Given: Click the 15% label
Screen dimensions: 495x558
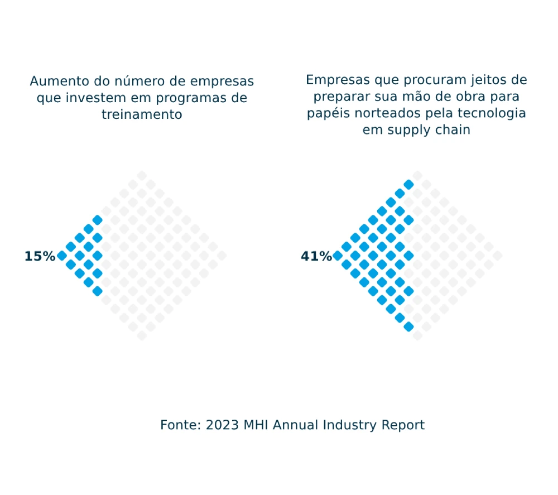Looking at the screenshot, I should pyautogui.click(x=40, y=256).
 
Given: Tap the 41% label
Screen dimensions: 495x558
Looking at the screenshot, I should pyautogui.click(x=316, y=256).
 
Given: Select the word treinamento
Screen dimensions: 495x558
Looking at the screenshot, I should pyautogui.click(x=142, y=114).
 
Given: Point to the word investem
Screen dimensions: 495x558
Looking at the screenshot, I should pyautogui.click(x=91, y=98).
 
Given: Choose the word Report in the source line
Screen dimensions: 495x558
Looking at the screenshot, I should pyautogui.click(x=403, y=425).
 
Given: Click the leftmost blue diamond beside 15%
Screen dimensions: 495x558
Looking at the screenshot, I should pyautogui.click(x=62, y=256).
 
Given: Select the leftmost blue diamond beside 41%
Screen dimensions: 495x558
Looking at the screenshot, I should pyautogui.click(x=338, y=256).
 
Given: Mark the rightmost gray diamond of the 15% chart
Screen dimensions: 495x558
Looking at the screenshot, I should pyautogui.click(x=222, y=256).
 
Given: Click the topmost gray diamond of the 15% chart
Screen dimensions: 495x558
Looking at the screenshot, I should pyautogui.click(x=142, y=175).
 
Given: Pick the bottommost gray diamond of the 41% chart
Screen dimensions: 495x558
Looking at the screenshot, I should pyautogui.click(x=417, y=335).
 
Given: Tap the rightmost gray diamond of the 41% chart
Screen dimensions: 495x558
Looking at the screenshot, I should pyautogui.click(x=498, y=256).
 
